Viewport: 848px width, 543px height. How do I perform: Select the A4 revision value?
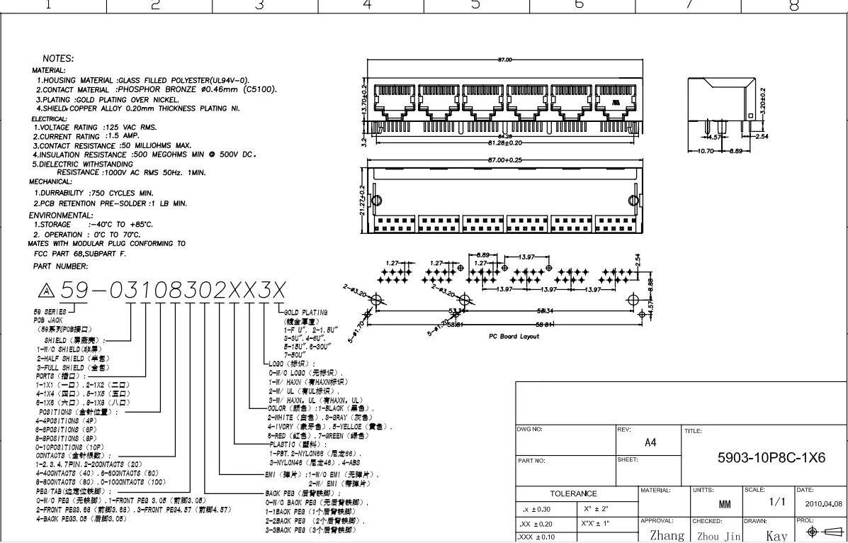(x=650, y=442)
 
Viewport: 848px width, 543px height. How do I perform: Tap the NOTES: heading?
(x=59, y=58)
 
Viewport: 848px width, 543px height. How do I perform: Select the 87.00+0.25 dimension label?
(x=505, y=159)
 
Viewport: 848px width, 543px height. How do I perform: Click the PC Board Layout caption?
(x=514, y=337)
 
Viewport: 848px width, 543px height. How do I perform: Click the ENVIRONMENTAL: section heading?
(x=61, y=215)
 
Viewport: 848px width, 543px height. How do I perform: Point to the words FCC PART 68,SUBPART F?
(x=79, y=253)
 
